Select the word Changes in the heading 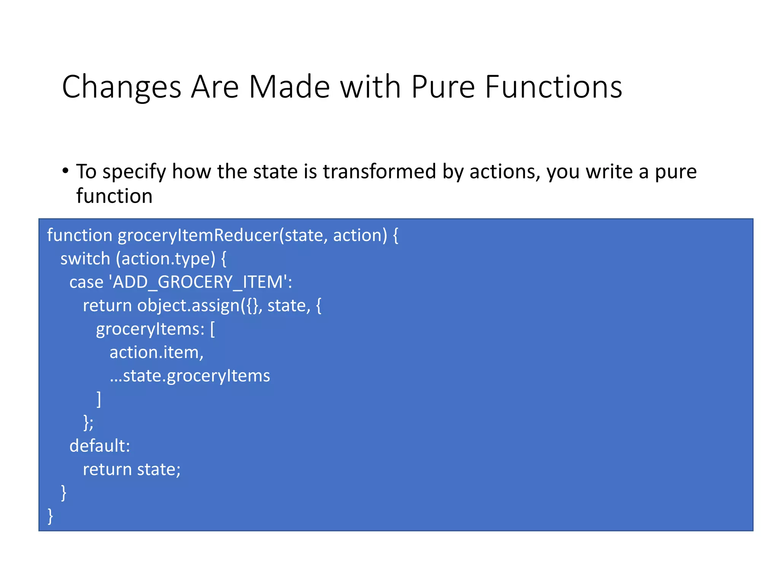[x=121, y=87]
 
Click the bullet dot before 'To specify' [x=65, y=171]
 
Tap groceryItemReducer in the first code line [x=198, y=235]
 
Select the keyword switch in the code [x=85, y=259]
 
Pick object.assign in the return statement [x=189, y=306]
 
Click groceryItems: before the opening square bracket [x=150, y=329]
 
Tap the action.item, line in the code [x=156, y=353]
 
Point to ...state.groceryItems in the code [x=190, y=376]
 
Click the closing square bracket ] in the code [x=99, y=399]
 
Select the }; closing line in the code [x=88, y=423]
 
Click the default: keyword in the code [x=100, y=446]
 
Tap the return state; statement [x=132, y=470]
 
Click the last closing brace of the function [x=50, y=516]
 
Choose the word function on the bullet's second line [x=114, y=196]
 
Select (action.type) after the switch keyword [x=166, y=259]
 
